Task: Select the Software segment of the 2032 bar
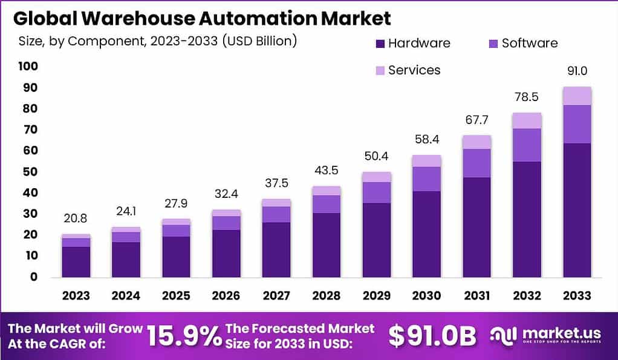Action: coord(527,145)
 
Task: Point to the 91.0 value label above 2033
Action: coord(577,71)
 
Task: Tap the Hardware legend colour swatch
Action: coord(380,44)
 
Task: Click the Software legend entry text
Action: coord(529,43)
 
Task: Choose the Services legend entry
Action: coord(414,70)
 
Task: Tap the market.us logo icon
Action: coord(504,335)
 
